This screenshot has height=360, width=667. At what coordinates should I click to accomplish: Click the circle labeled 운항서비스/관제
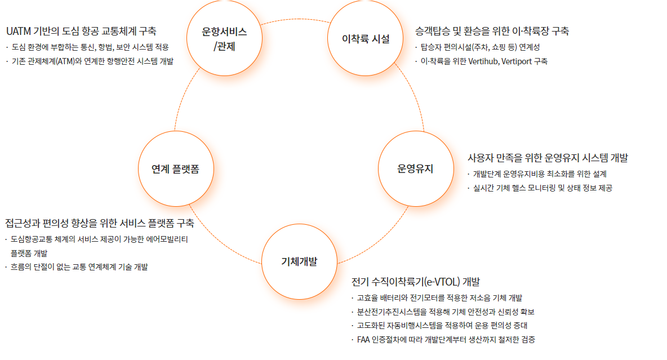pos(224,39)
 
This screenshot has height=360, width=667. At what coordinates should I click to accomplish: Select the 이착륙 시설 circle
pos(366,39)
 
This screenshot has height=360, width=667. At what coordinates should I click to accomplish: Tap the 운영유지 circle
pos(415,168)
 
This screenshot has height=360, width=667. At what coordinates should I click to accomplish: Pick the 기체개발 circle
pos(299,261)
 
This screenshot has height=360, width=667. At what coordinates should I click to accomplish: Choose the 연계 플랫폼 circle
pos(175,168)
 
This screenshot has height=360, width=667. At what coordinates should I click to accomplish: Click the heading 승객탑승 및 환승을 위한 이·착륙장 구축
pos(492,31)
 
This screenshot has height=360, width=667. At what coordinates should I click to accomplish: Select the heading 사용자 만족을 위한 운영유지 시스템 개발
pos(548,158)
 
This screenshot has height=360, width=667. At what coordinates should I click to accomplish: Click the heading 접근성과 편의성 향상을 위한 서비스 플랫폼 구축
pos(100,223)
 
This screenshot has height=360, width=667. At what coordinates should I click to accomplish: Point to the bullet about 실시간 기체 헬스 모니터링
pos(542,188)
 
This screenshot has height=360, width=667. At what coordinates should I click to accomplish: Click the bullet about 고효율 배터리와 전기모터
pos(439,297)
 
